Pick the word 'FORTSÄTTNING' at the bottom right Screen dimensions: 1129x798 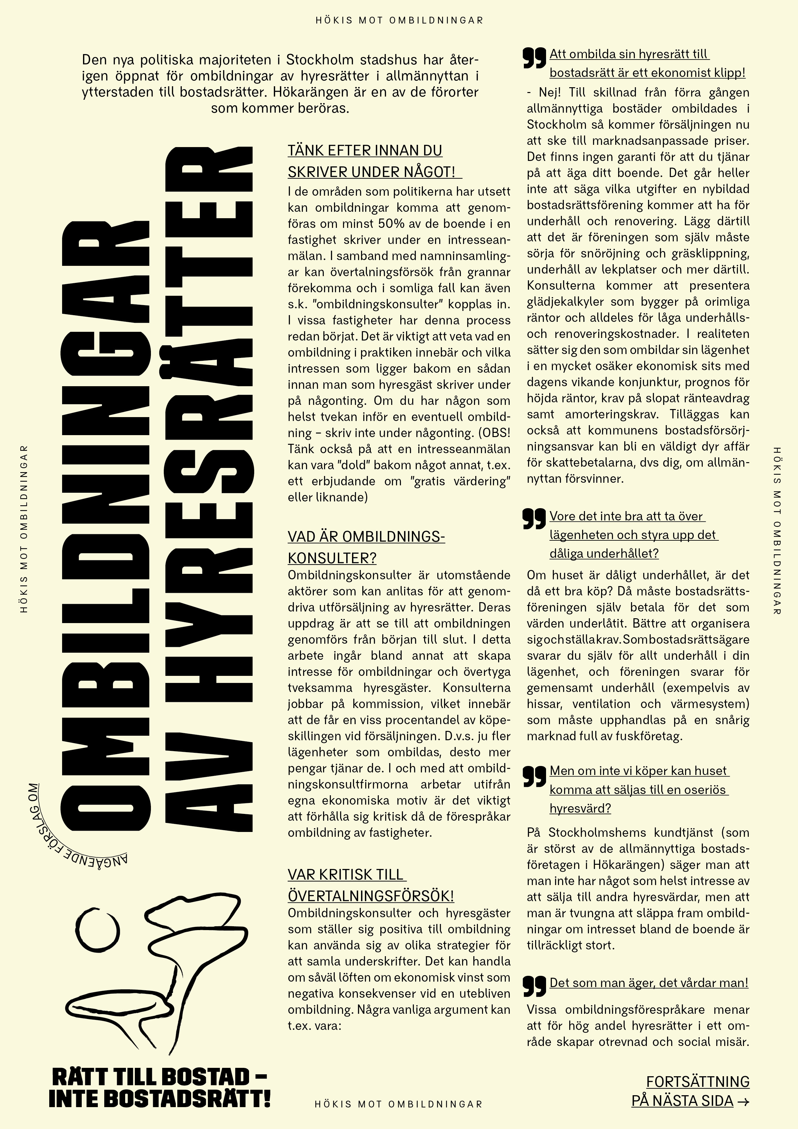tap(697, 1081)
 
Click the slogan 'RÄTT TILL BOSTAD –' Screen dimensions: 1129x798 tap(159, 1077)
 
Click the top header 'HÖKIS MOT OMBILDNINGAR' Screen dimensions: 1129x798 tap(399, 21)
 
